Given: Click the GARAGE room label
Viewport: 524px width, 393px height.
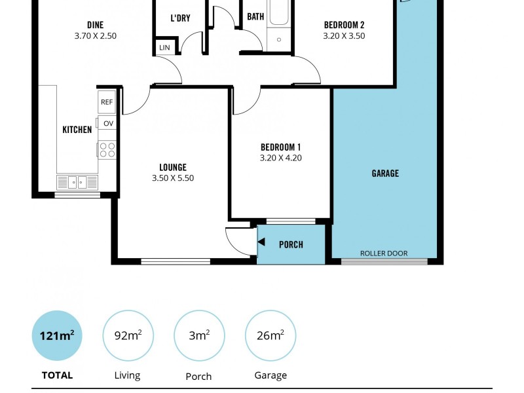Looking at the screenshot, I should pos(385,174).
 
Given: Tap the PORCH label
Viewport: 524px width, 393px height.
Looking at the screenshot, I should pos(291,244).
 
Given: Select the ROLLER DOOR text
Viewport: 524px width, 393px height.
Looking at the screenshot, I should pos(384,253).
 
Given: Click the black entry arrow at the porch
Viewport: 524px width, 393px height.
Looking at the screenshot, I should pos(261,242).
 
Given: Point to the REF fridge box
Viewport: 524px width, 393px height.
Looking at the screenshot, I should pos(107,102).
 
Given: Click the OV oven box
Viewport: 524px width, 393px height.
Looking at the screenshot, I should pos(108,123).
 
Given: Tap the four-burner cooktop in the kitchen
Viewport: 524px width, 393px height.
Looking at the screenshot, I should pos(107,150).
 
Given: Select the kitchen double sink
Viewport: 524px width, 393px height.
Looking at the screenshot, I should pos(77,182).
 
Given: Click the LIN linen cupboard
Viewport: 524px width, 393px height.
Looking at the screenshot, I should pos(164,48).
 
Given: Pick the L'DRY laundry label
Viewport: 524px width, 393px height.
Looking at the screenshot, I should pos(180,18).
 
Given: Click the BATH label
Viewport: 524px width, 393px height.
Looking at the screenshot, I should pos(255,16).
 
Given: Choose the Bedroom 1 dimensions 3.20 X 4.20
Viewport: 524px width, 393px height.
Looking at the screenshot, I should pos(280,158).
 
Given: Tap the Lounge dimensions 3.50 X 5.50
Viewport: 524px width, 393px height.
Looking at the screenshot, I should pos(173,178).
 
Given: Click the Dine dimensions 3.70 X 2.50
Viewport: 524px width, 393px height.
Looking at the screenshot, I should pos(96,36).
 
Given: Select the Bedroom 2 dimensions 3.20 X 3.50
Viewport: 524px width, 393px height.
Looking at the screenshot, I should pos(344,36).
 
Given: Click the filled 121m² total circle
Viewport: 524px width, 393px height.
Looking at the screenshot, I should pos(57,336).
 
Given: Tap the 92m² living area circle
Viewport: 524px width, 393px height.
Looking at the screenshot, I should pos(128,336).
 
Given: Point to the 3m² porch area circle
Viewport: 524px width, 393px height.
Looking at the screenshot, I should pos(199,336).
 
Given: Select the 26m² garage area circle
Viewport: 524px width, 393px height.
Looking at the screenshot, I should pos(270,336).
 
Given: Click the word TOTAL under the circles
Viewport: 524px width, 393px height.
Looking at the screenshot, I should pos(57,375).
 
